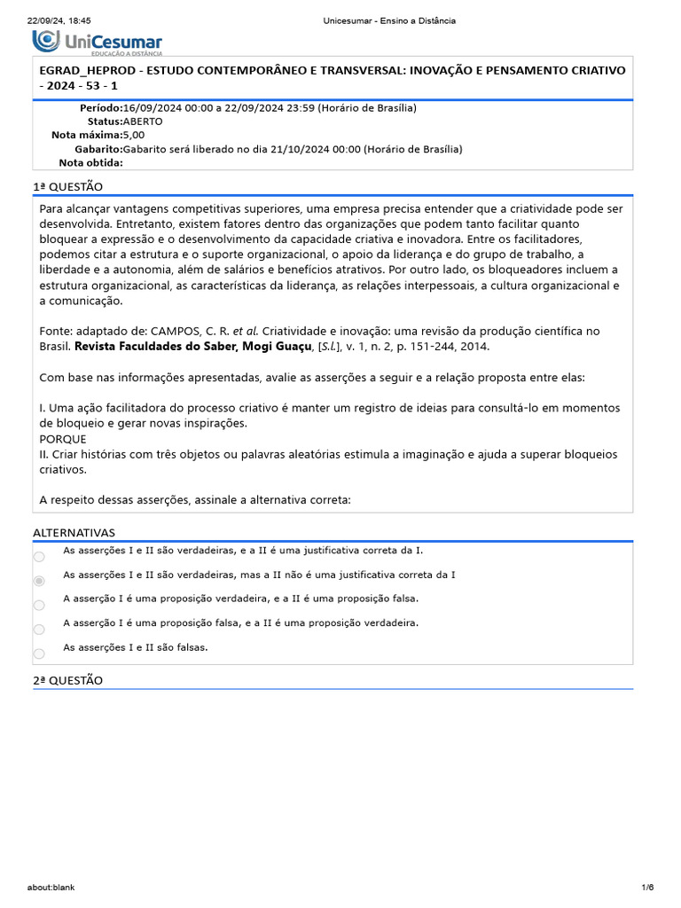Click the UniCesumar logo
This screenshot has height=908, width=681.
pos(98,42)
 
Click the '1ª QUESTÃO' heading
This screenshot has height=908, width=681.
pos(67,186)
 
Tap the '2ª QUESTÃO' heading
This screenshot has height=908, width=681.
pos(67,680)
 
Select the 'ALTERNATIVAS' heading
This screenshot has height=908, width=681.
pos(74,533)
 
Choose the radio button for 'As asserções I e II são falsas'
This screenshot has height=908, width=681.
pos(39,654)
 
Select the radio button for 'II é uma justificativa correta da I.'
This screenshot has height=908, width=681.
pos(39,557)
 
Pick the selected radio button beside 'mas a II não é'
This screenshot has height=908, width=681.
pos(39,581)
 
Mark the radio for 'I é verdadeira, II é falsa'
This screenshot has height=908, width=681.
pos(39,606)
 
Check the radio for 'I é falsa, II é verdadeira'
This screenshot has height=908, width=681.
pos(39,630)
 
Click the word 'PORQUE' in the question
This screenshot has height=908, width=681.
pos(63,439)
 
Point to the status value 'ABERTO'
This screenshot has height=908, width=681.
pos(143,121)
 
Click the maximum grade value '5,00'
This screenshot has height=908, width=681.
pos(133,135)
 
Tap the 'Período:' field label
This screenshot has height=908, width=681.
pos(100,108)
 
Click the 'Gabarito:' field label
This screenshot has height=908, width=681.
pos(98,149)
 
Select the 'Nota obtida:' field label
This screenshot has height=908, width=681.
pos(90,162)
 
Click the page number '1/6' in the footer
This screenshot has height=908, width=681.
pos(647,888)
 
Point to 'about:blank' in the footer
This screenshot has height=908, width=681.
pos(51,888)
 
